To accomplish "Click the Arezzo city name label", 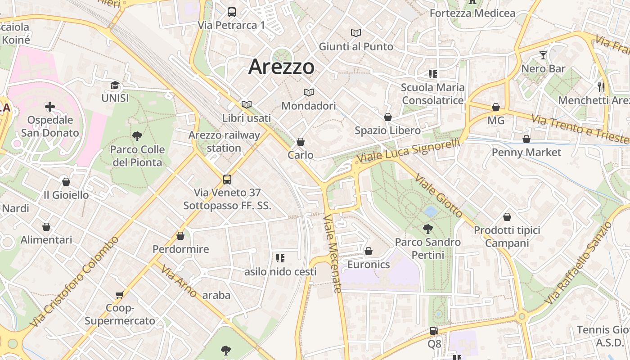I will coord(281,67).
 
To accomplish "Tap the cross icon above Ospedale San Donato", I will coord(50,107).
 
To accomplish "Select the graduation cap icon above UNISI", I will coord(115,85).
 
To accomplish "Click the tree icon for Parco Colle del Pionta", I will coord(137,136).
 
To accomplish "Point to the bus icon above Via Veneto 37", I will coord(227,180).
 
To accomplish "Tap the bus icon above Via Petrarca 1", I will coord(232,12).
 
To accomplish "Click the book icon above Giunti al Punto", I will coord(356,33).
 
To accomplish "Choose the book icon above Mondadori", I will coord(309,93).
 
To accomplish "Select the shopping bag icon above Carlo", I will coord(301,142).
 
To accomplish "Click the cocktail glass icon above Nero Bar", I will coord(543,55).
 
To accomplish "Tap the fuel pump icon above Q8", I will coord(434,331).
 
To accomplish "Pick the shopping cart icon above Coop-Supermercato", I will coord(120,295).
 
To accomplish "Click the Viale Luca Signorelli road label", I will coord(409,151).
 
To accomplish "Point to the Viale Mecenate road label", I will coord(333,254).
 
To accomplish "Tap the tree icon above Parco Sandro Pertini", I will coord(428,229).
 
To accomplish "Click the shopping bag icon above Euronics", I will coord(369,251).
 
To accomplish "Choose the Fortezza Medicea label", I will coord(472,13).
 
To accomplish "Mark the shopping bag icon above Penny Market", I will coord(526,139).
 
